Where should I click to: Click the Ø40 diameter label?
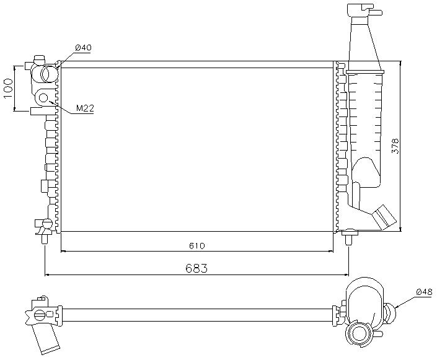(x=83, y=48)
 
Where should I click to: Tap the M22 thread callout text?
(x=85, y=108)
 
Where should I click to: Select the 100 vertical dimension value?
(x=8, y=89)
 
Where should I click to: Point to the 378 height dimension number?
(x=395, y=146)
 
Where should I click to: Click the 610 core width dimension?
(x=197, y=246)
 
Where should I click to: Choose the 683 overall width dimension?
(x=196, y=268)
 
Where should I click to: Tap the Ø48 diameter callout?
(x=424, y=292)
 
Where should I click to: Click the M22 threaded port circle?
(x=43, y=98)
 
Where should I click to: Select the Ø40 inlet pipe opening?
(x=50, y=74)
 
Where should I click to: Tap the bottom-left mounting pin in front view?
(x=45, y=239)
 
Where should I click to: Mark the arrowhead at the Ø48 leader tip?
(x=395, y=307)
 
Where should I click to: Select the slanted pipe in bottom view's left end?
(x=45, y=339)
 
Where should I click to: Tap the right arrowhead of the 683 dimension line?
(x=347, y=275)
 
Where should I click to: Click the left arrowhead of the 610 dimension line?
(x=63, y=252)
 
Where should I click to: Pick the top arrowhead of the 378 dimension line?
(x=400, y=63)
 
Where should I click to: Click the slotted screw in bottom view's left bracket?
(x=39, y=315)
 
